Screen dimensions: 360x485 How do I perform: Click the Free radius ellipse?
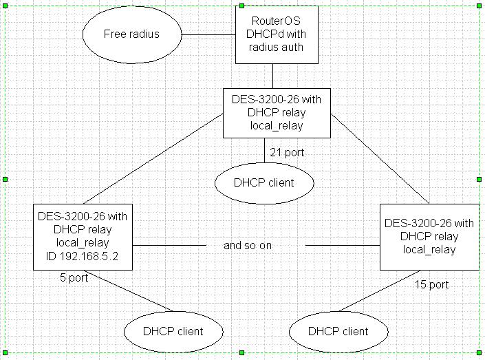click(131, 34)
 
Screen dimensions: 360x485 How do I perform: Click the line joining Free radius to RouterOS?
click(208, 34)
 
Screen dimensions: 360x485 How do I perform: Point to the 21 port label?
click(287, 152)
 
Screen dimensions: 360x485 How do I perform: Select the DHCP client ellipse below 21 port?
click(264, 182)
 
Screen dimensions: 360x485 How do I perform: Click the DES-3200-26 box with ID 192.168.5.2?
click(83, 236)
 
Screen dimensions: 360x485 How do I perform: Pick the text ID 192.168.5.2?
click(83, 256)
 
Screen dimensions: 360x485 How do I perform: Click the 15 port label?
click(431, 284)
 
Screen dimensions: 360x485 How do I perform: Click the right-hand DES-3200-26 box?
click(429, 236)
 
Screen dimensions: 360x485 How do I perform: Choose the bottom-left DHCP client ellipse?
click(173, 331)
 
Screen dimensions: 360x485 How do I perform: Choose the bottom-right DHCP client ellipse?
click(338, 331)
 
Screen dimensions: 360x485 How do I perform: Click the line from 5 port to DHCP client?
click(131, 290)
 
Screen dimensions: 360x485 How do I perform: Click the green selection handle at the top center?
click(241, 6)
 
